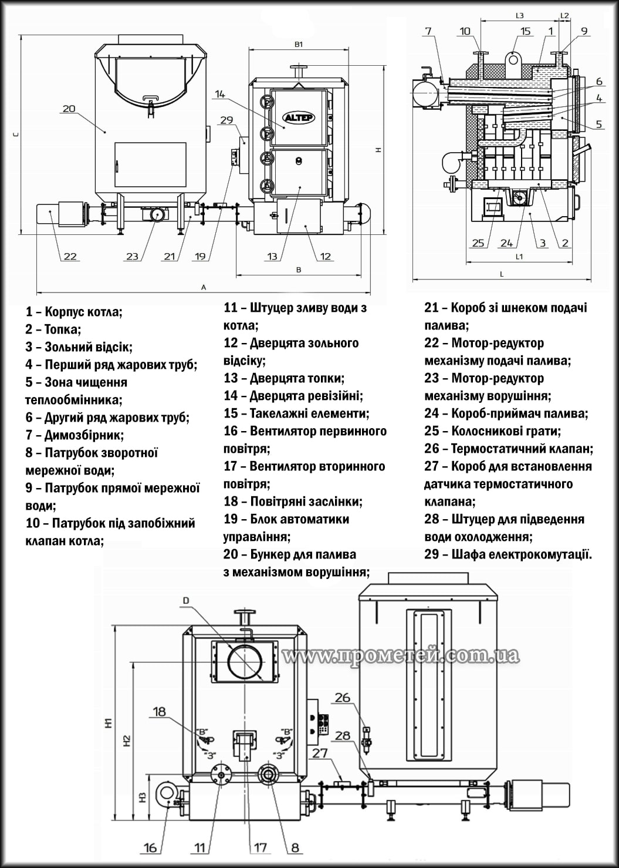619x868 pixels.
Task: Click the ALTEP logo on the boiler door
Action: point(299,117)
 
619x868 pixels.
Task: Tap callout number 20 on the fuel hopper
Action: point(69,108)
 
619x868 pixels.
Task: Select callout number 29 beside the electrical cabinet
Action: point(226,120)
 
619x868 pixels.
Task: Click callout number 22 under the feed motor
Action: point(70,256)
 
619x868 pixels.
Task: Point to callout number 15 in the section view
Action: point(525,31)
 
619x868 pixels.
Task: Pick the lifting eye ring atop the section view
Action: point(513,59)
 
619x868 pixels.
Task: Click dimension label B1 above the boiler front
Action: point(298,45)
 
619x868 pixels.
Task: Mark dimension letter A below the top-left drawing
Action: point(204,287)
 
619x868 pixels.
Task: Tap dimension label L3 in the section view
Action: point(519,16)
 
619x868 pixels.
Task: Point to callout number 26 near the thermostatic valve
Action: point(342,698)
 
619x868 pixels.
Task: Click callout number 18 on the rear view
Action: point(160,712)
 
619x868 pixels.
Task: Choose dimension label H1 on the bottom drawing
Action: point(108,724)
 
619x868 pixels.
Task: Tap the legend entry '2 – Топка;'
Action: point(53,329)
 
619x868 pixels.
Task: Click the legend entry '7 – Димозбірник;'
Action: point(75,435)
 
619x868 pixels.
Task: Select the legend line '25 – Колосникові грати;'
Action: point(492,431)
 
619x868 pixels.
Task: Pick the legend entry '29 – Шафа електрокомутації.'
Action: point(508,554)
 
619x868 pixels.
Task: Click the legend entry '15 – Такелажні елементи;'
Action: point(296,413)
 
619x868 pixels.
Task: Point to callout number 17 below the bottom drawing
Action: point(260,847)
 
